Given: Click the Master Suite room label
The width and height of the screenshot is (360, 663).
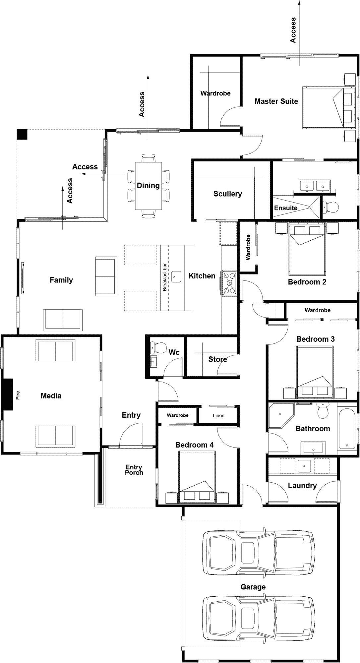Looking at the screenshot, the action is [x=276, y=101].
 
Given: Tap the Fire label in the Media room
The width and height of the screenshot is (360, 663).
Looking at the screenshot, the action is [x=18, y=395].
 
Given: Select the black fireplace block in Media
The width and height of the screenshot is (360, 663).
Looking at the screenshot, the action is [x=8, y=394].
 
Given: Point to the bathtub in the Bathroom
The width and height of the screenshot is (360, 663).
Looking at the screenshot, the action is [x=347, y=429].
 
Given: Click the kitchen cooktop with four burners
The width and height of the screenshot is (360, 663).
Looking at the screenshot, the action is [x=229, y=283].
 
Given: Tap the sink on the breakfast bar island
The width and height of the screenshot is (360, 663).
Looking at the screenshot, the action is [x=176, y=276].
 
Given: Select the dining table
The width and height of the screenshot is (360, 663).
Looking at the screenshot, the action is [x=148, y=186].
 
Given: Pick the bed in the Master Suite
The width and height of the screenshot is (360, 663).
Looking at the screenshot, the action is [x=328, y=108].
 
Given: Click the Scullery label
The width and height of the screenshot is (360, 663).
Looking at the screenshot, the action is [x=227, y=194].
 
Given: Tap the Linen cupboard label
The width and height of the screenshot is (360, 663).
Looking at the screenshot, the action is [x=218, y=415].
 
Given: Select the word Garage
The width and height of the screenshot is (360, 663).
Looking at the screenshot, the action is [x=253, y=587].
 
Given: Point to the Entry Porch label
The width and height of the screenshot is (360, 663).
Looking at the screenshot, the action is [x=134, y=470].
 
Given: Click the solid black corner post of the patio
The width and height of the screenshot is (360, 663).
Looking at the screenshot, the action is [x=22, y=134].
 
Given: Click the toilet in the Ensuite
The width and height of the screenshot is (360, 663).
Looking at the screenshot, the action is [x=330, y=207].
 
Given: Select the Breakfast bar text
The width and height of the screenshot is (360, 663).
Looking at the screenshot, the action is [x=165, y=277].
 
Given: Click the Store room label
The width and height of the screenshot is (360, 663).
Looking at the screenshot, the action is [x=217, y=359].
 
